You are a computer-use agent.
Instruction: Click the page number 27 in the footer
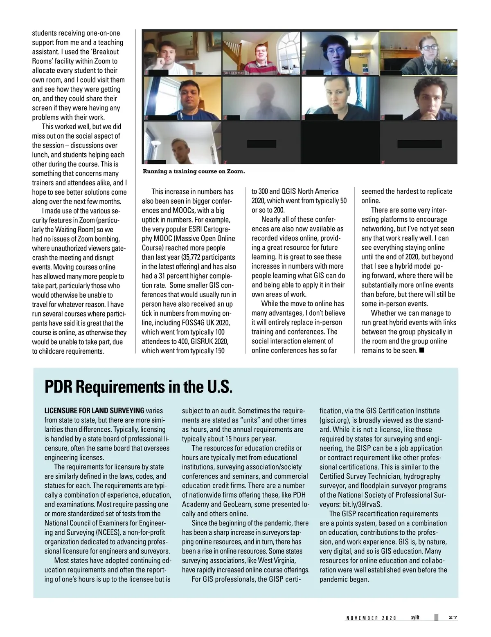tap(453, 617)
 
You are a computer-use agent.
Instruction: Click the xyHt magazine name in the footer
tap(416, 617)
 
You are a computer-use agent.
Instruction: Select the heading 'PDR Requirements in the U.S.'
tap(138, 387)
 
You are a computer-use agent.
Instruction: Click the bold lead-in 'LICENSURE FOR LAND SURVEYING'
tap(94, 410)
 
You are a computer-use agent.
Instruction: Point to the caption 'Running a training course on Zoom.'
tap(194, 171)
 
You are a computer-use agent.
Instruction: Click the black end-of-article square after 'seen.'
tap(422, 350)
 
